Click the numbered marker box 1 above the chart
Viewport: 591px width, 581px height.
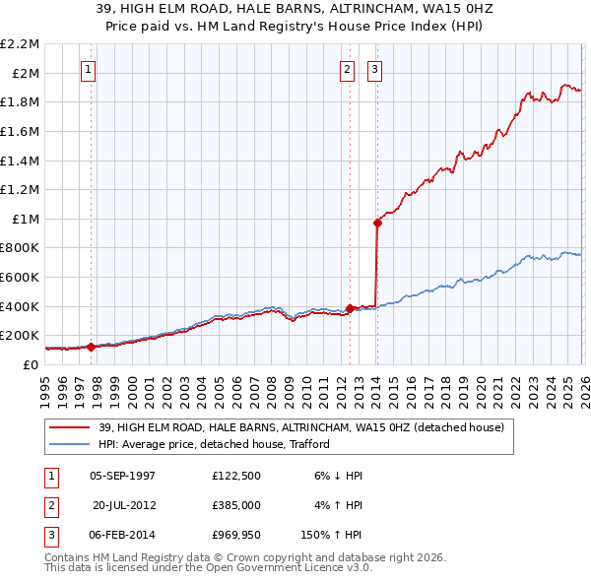pos(89,69)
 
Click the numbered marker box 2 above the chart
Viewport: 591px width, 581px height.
pos(348,69)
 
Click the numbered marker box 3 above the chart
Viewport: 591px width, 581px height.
pos(375,69)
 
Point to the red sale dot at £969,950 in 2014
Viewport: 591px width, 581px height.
pos(377,223)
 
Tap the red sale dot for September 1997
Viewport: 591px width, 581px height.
pos(91,347)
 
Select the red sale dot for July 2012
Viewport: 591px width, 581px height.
pos(350,308)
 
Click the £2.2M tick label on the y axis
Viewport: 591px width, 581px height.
pos(21,44)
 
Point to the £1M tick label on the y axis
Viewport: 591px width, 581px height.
pos(27,219)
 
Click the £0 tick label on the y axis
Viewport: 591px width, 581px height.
pos(32,364)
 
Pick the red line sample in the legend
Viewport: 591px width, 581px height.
pos(69,427)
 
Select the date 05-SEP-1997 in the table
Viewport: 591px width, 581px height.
pos(122,476)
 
